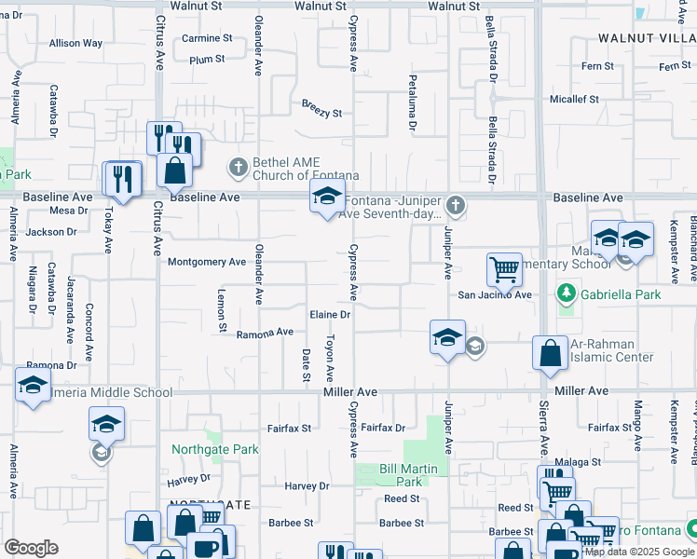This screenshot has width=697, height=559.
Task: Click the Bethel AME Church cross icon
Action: pyautogui.click(x=238, y=168)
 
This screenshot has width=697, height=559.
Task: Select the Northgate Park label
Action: pyautogui.click(x=215, y=449)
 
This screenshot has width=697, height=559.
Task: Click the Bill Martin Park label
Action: pyautogui.click(x=402, y=475)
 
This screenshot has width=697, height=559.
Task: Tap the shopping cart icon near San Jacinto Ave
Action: pyautogui.click(x=503, y=269)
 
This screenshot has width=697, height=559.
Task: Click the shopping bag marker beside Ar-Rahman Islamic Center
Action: pyautogui.click(x=550, y=352)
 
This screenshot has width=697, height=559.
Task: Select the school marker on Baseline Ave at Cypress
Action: pyautogui.click(x=326, y=198)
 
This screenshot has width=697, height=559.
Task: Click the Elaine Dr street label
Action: pyautogui.click(x=331, y=315)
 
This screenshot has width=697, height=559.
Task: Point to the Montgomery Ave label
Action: pyautogui.click(x=206, y=262)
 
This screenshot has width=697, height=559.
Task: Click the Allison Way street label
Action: pyautogui.click(x=76, y=43)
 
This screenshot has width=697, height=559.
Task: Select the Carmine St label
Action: pyautogui.click(x=207, y=38)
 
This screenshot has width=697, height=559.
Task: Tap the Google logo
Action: pyautogui.click(x=31, y=548)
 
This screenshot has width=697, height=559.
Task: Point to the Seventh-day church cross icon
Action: pyautogui.click(x=456, y=204)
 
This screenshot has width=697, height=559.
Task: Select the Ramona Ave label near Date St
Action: pyautogui.click(x=265, y=334)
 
